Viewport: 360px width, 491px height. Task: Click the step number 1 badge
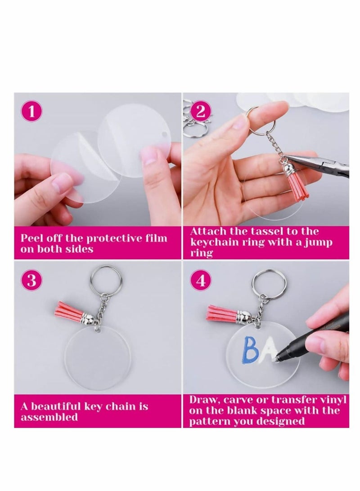(x=31, y=112)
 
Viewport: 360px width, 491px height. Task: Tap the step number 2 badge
(x=201, y=111)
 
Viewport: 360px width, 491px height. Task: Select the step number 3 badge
(x=31, y=281)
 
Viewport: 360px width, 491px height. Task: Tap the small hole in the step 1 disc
(x=164, y=134)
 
